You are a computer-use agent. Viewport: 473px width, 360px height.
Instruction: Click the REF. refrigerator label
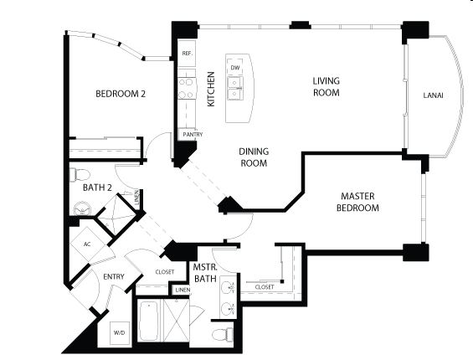pyautogui.click(x=188, y=54)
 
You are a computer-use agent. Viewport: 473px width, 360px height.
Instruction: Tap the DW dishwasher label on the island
pyautogui.click(x=235, y=68)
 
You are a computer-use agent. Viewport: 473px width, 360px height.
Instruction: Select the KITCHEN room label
pyautogui.click(x=211, y=89)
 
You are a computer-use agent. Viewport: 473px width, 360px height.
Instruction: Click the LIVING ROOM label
pyautogui.click(x=326, y=86)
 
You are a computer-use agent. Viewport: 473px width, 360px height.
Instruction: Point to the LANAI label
pyautogui.click(x=433, y=95)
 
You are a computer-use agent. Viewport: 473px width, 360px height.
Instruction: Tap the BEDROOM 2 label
pyautogui.click(x=121, y=94)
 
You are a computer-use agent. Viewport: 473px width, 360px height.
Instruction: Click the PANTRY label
pyautogui.click(x=193, y=134)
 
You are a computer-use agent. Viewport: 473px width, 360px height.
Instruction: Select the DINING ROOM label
pyautogui.click(x=254, y=157)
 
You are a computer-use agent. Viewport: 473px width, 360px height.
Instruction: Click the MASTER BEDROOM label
pyautogui.click(x=357, y=202)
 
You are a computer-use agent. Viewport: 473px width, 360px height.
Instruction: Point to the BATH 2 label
pyautogui.click(x=97, y=188)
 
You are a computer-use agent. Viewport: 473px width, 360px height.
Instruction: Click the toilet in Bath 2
pyautogui.click(x=80, y=175)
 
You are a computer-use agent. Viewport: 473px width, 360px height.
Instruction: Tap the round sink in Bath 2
pyautogui.click(x=82, y=208)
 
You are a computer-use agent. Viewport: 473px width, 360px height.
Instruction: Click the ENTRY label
pyautogui.click(x=114, y=277)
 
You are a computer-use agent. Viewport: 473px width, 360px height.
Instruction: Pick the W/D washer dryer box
pyautogui.click(x=120, y=333)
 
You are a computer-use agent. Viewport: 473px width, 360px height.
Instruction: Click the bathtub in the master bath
pyautogui.click(x=149, y=321)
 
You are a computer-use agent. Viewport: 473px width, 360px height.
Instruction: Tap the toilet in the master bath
pyautogui.click(x=223, y=334)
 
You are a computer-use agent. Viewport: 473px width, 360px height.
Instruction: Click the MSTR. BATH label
pyautogui.click(x=205, y=273)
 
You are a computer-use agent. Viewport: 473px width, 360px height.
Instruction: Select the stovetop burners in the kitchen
pyautogui.click(x=186, y=89)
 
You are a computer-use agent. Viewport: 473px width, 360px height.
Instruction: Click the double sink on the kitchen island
pyautogui.click(x=235, y=88)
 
